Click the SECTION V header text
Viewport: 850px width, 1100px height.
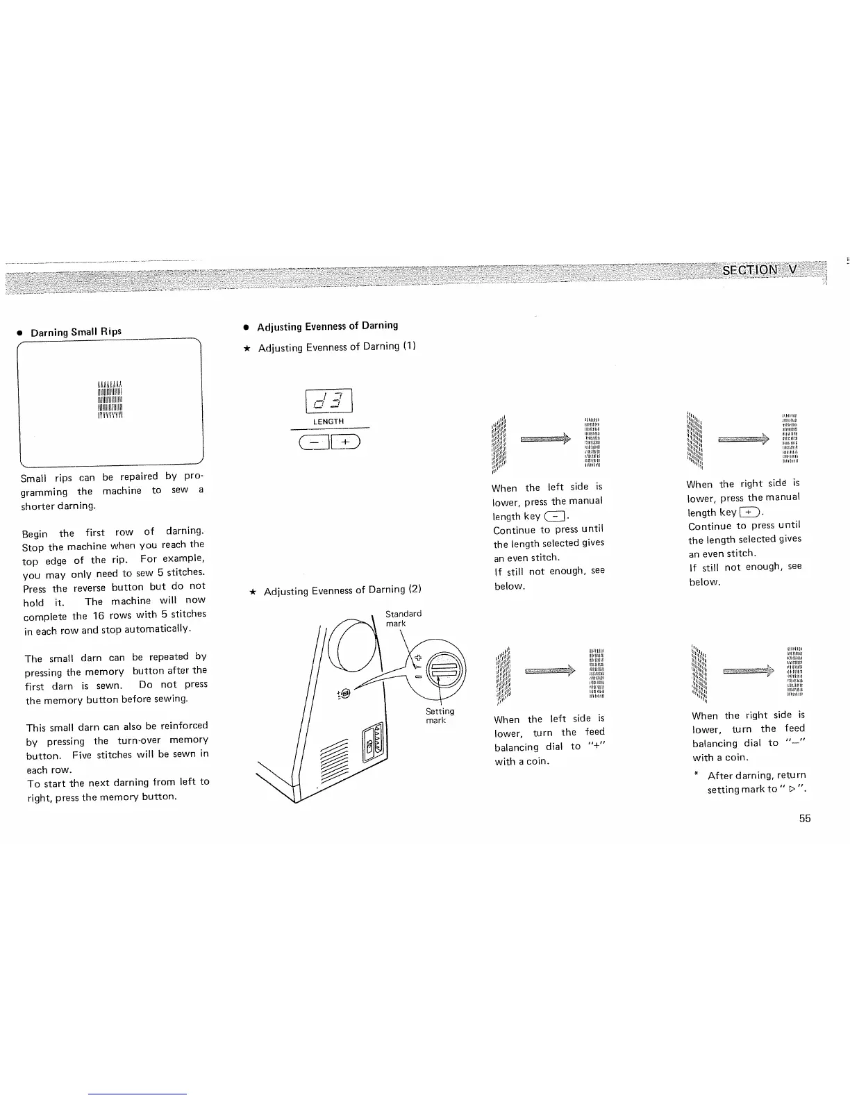[760, 270]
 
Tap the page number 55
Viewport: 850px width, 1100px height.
[804, 818]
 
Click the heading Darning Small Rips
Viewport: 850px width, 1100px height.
[76, 332]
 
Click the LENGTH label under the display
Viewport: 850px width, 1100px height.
[328, 422]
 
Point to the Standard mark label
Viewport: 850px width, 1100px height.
[403, 618]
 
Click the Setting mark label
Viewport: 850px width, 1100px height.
[440, 715]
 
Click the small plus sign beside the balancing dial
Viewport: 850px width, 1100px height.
[417, 657]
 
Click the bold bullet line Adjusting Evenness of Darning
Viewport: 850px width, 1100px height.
[327, 326]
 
